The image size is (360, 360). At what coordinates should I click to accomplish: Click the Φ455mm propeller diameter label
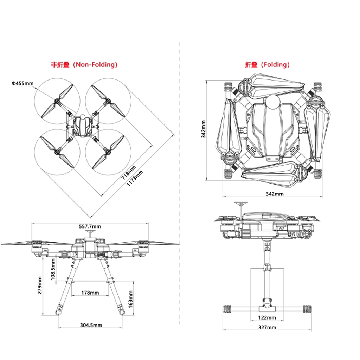coord(22,83)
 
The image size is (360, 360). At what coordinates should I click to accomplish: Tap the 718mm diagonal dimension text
coord(129,172)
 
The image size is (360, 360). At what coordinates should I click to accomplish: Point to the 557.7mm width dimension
coord(90,227)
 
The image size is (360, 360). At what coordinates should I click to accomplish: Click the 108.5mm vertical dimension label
coord(53,269)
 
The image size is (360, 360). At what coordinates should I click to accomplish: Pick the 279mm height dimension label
coord(40,285)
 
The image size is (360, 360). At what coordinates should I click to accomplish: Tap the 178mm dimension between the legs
coord(90,293)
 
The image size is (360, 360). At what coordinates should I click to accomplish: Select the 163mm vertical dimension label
coord(130,299)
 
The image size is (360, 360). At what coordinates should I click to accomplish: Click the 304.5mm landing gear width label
coord(91,325)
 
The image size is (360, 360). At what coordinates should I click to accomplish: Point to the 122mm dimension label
coord(267,318)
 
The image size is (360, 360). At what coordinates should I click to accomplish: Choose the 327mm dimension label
coord(267,327)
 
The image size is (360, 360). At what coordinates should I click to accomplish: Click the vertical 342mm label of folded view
coord(204,129)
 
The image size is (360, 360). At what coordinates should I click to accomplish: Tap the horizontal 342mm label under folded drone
coord(275,194)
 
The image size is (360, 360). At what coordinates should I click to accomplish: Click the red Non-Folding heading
coord(84,65)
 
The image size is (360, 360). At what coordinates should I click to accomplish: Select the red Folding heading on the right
coord(267,65)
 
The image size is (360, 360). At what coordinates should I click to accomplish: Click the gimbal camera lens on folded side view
coord(306,234)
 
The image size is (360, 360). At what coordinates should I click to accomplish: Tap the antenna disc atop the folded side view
coord(241,203)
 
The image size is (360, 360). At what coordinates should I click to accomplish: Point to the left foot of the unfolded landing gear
coord(58,313)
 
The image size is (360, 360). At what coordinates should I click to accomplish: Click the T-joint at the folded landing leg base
coord(267,308)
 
